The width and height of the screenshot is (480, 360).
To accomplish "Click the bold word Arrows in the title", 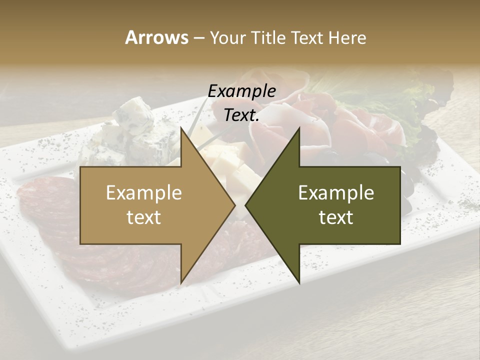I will [x=156, y=37].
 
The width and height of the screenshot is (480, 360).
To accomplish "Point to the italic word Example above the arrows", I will [x=241, y=91].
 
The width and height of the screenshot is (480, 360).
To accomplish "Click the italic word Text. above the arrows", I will [x=241, y=115].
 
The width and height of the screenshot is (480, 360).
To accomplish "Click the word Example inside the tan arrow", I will [x=143, y=193].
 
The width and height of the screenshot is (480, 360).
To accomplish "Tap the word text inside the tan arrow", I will [x=143, y=217].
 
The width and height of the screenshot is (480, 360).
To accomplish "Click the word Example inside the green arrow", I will [x=336, y=193].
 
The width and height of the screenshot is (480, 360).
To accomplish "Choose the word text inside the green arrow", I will [x=336, y=217].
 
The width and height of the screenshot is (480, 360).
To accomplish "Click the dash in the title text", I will [x=198, y=38].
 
